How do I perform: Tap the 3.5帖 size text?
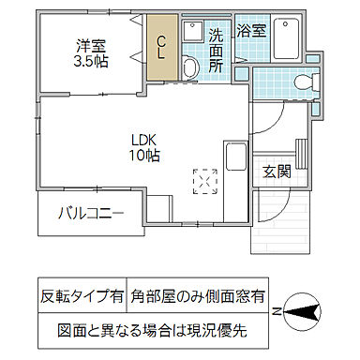pyautogui.click(x=91, y=63)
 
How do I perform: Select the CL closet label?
pyautogui.click(x=161, y=47)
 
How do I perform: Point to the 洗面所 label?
pyautogui.click(x=216, y=51)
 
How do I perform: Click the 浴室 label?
pyautogui.click(x=250, y=30)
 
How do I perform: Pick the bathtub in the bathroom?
pyautogui.click(x=284, y=37)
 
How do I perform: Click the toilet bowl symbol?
pyautogui.click(x=302, y=84)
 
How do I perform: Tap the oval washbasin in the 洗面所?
pyautogui.click(x=189, y=67)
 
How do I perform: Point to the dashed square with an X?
pyautogui.click(x=204, y=180)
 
